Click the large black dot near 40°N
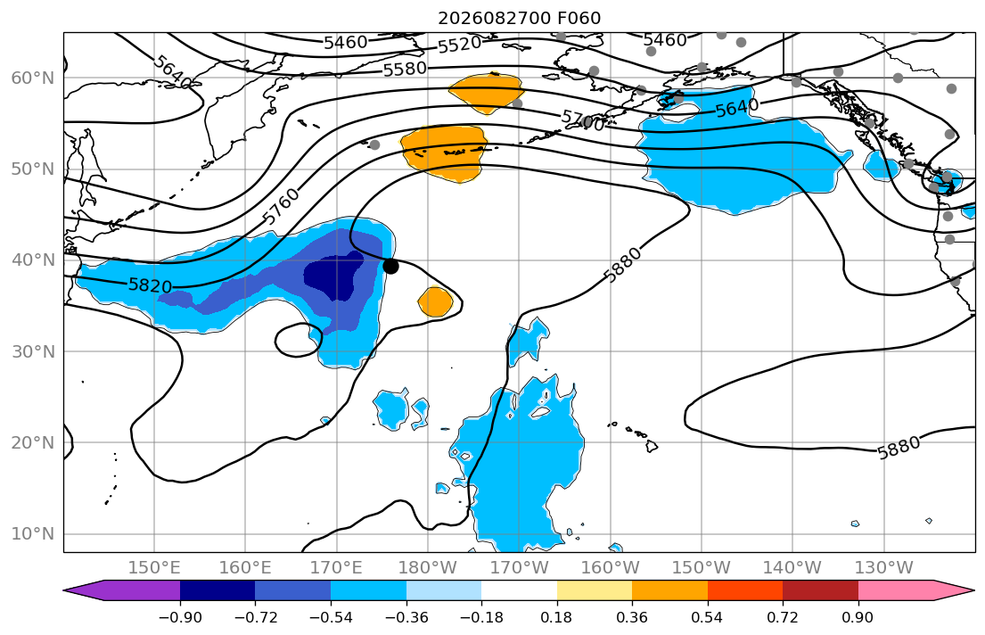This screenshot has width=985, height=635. (x=390, y=266)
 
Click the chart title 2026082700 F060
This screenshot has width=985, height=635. (x=519, y=18)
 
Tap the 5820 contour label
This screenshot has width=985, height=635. (x=150, y=285)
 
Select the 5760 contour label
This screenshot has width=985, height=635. (x=281, y=206)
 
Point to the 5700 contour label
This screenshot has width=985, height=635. (x=583, y=120)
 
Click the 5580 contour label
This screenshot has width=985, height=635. (x=406, y=69)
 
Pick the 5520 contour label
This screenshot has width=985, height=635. (x=459, y=45)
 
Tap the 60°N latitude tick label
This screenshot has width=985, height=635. (x=33, y=78)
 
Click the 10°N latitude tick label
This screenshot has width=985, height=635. (x=33, y=534)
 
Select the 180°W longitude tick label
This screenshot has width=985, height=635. (x=428, y=568)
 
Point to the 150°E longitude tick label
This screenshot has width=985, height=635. (x=154, y=568)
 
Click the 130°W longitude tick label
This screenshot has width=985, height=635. (x=884, y=568)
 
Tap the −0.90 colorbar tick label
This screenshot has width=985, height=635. (x=180, y=617)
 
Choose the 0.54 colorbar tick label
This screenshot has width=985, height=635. (x=707, y=617)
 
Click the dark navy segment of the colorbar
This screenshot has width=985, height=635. (x=218, y=590)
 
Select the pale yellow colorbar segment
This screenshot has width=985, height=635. (x=595, y=590)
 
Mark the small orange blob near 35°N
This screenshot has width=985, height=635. (x=435, y=301)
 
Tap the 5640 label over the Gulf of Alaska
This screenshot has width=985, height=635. (x=737, y=108)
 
